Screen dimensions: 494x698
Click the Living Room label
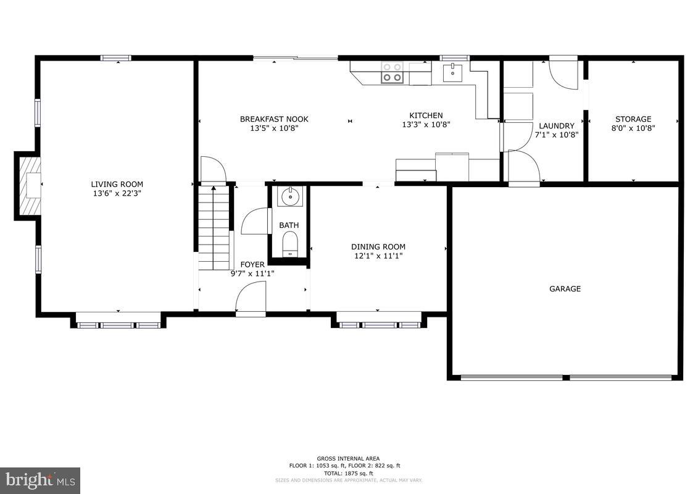point(117,184)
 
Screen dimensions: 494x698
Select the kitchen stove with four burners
point(391,72)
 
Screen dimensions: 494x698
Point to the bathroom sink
point(288,197)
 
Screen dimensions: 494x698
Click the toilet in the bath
point(289,245)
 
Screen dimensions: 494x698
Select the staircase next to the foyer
point(213,229)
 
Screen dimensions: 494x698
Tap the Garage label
point(565,288)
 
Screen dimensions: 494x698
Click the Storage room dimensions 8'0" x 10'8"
point(633,128)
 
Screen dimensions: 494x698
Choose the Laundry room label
point(556,125)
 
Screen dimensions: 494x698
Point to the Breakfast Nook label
point(274,119)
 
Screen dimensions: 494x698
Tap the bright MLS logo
point(40,480)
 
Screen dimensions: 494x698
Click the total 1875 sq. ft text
point(349,472)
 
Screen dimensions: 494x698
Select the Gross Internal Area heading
point(349,458)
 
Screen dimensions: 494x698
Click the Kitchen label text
point(426,115)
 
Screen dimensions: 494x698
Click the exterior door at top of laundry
point(563,72)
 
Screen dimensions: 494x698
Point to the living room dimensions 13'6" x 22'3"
point(117,193)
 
